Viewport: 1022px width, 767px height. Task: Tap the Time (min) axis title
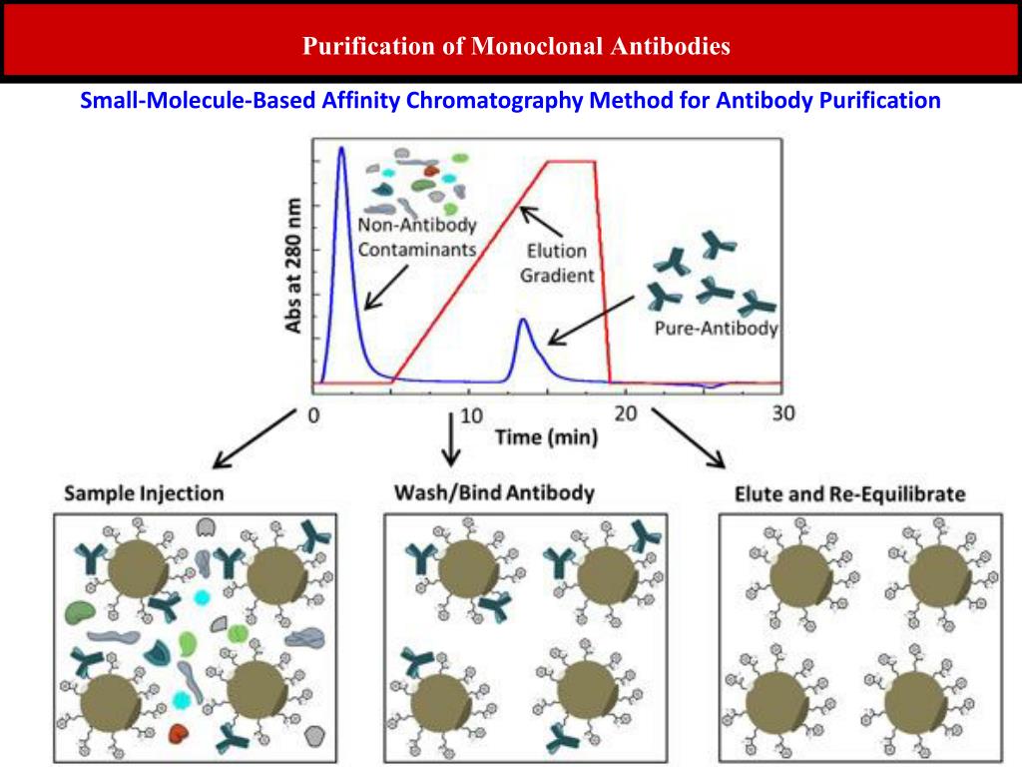coord(547,436)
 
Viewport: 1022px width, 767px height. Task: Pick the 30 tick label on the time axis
coord(783,413)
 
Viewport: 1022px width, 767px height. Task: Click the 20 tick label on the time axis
coord(626,414)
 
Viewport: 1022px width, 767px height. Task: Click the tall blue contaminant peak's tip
coord(341,149)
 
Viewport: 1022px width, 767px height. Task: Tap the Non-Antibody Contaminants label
coord(417,238)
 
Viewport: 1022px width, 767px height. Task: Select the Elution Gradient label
coord(557,263)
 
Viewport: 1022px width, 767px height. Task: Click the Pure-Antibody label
coord(716,329)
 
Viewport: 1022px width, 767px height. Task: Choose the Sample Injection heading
coord(144,493)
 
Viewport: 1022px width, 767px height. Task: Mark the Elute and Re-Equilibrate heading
coord(849,493)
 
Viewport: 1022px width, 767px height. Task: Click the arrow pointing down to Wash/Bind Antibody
coord(451,439)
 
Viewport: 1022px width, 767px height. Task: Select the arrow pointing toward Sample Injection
coord(255,438)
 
